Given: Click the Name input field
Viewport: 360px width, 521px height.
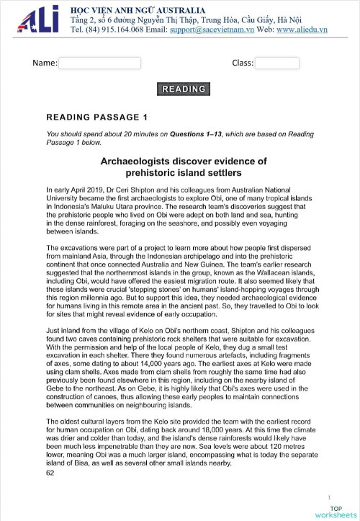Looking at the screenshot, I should [99, 63].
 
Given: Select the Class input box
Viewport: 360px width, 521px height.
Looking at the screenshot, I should [277, 63].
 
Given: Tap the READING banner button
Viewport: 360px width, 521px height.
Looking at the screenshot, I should [184, 89].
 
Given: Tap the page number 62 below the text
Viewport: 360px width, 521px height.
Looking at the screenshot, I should [50, 473].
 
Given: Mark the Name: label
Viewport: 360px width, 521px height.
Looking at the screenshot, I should [45, 63].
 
